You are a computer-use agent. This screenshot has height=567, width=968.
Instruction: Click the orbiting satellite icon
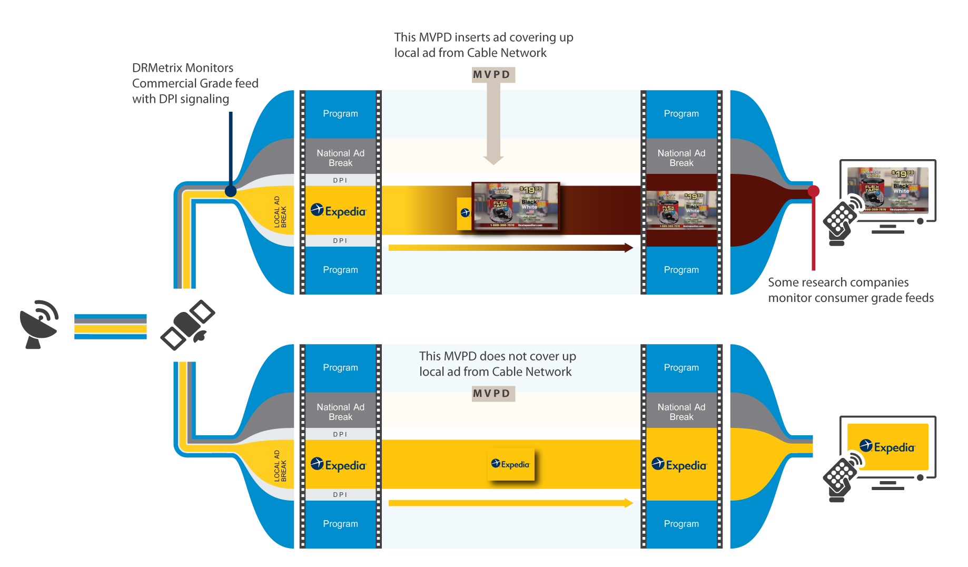click(187, 325)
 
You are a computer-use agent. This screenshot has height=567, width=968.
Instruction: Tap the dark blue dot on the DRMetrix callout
click(231, 191)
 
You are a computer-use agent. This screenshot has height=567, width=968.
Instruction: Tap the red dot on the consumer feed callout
click(814, 191)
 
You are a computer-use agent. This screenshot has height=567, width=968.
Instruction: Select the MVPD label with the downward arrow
click(492, 74)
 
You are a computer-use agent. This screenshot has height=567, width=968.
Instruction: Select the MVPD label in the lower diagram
click(492, 394)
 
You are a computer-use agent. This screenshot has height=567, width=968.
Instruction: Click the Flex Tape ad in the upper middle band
click(516, 206)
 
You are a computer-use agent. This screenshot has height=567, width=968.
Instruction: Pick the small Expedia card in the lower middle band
click(511, 464)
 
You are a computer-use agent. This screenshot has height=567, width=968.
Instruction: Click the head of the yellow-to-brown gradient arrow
click(628, 248)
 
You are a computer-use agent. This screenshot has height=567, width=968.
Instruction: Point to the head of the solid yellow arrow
click(628, 503)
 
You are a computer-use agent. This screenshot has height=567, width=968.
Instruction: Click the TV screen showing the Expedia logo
click(888, 447)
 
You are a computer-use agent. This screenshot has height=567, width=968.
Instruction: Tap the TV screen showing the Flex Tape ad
click(888, 190)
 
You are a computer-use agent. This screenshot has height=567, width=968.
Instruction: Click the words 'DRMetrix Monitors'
click(183, 68)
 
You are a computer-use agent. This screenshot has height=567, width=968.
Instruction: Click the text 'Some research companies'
click(838, 282)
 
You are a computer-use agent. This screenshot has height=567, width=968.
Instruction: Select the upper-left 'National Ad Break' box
click(340, 158)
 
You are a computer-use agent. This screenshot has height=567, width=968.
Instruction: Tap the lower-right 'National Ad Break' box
click(681, 412)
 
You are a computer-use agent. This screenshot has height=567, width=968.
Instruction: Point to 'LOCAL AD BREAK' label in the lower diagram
click(280, 465)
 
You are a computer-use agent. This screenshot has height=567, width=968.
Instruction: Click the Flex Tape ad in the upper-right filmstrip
click(681, 210)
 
